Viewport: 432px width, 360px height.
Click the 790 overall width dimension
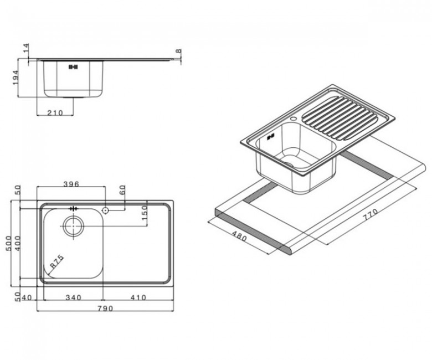[105, 308]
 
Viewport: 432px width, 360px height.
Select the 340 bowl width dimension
[74, 297]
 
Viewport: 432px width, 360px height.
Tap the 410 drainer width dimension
[138, 297]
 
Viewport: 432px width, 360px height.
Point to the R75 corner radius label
[57, 262]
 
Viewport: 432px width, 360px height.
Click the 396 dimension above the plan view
[71, 184]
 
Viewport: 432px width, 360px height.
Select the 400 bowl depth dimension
[17, 243]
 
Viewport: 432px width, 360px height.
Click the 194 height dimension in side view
[15, 78]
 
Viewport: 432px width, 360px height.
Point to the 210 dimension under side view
[55, 112]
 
